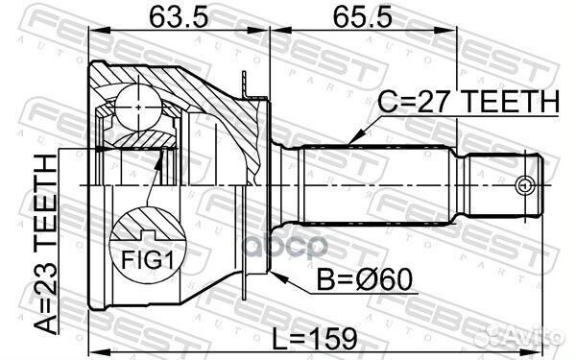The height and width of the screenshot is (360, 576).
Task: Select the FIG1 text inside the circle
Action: pos(142,257)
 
